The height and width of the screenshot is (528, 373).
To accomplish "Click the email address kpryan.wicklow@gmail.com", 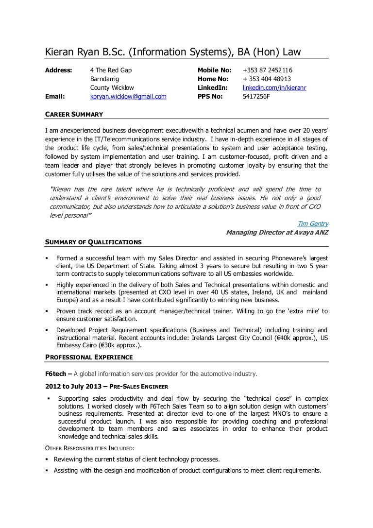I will pyautogui.click(x=128, y=97).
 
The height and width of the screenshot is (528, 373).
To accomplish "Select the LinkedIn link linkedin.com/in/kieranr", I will pyautogui.click(x=274, y=88).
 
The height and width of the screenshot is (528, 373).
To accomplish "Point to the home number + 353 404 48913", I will pyautogui.click(x=267, y=79).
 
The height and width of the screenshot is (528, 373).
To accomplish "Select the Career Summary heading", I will pyautogui.click(x=73, y=114).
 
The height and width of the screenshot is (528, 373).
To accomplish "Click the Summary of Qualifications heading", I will pyautogui.click(x=93, y=242).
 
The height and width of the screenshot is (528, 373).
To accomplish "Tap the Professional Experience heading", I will pyautogui.click(x=88, y=357).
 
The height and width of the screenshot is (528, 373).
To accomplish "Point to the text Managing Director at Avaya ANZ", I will pyautogui.click(x=277, y=233).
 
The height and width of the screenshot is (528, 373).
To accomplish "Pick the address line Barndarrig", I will pyautogui.click(x=104, y=79).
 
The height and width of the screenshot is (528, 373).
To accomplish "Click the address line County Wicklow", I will pyautogui.click(x=112, y=88).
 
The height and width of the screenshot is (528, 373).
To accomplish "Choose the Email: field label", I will pyautogui.click(x=55, y=97).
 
